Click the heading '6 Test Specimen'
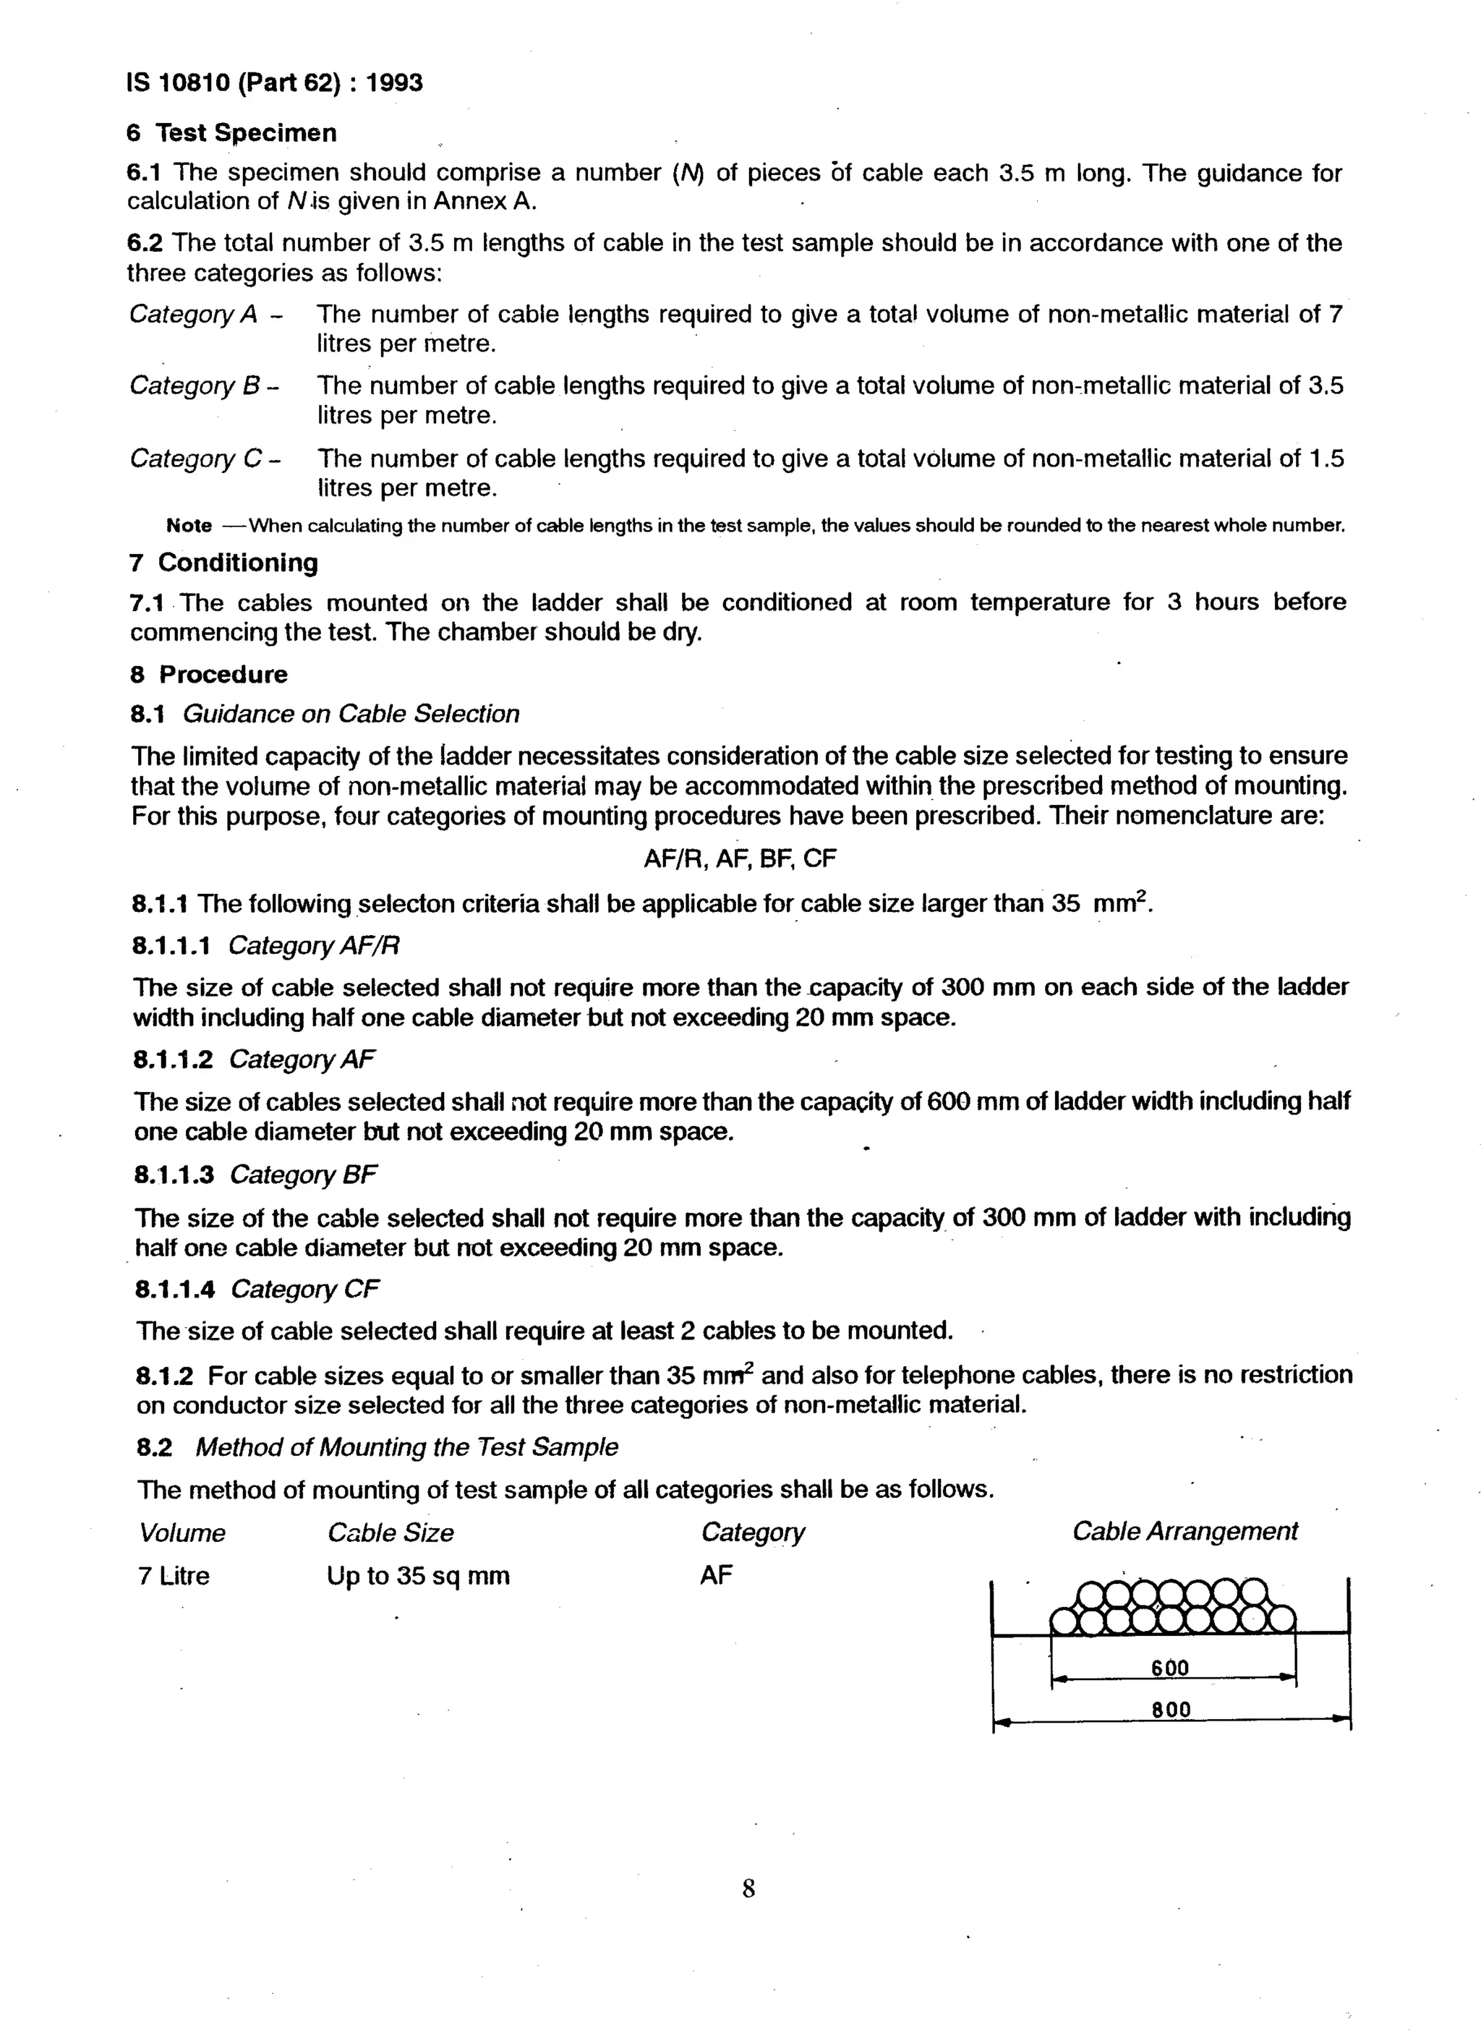click(232, 132)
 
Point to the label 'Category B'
click(195, 385)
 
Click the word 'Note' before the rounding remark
click(189, 526)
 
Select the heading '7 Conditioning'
click(224, 563)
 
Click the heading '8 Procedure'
click(209, 674)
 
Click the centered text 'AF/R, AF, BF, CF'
click(740, 858)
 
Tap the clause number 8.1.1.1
click(172, 946)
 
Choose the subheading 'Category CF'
click(305, 1290)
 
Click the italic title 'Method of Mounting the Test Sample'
click(406, 1447)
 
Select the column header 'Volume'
click(183, 1533)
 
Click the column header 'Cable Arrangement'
click(1184, 1532)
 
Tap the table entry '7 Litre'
click(174, 1576)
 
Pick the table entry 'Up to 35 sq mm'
click(419, 1576)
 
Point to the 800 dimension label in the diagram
click(1171, 1709)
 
